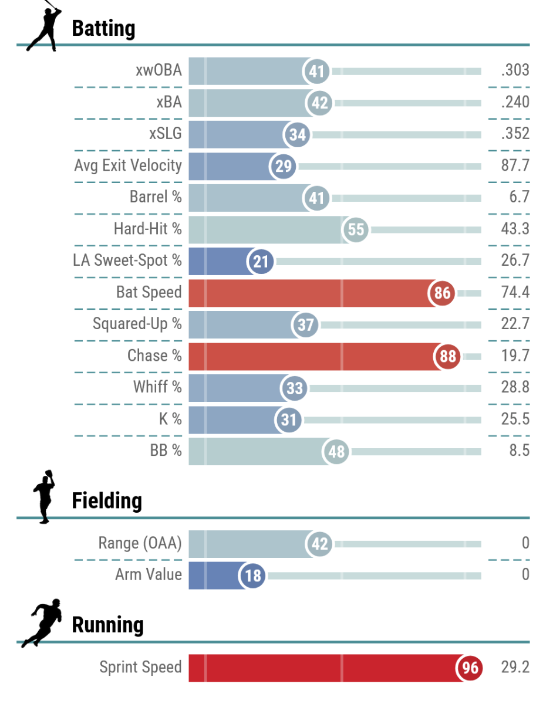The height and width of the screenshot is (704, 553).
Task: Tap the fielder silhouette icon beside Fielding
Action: pos(43,496)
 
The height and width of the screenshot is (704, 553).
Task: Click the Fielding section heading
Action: pos(107,501)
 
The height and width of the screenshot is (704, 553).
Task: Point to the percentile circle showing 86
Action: pos(442,292)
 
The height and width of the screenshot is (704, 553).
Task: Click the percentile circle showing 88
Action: pos(447,356)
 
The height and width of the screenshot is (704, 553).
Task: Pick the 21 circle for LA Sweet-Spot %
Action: pos(261,260)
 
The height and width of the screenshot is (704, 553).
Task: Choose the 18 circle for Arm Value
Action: pos(252,575)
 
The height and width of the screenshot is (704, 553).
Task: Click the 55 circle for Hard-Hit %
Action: pos(356,229)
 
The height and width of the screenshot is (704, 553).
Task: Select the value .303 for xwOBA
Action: pos(515,70)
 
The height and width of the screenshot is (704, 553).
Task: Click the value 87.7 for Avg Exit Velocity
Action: pos(515,165)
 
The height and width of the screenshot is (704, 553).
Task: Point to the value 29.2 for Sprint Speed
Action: pos(515,667)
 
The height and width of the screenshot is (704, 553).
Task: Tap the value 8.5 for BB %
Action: pos(520,451)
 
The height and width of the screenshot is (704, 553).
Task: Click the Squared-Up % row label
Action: pos(137,324)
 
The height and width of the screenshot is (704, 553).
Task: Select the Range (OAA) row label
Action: pos(140,543)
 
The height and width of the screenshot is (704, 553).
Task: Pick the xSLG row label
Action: pos(166,134)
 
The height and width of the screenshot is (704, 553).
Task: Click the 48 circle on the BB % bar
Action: pos(336,451)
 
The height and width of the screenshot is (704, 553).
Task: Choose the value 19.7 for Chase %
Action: pos(515,356)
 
